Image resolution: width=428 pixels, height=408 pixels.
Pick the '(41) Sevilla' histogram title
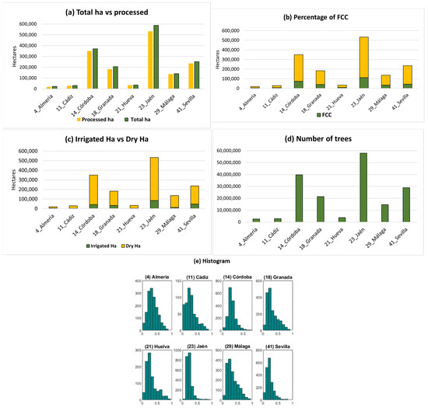pos(273,339)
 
